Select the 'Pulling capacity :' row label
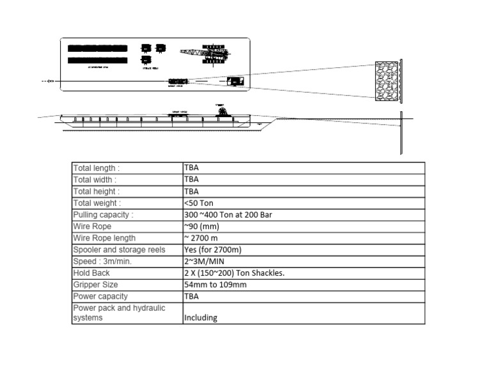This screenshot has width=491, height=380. [103, 214]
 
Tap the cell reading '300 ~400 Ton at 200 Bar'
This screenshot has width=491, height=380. [228, 214]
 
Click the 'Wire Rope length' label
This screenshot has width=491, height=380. [104, 238]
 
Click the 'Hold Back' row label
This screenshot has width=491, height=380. [91, 273]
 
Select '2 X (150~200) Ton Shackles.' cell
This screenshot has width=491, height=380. [234, 273]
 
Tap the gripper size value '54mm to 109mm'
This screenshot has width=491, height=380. [215, 284]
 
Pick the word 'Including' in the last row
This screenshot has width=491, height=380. [200, 317]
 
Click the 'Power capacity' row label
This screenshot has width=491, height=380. [100, 296]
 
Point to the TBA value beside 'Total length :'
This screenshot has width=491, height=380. [191, 168]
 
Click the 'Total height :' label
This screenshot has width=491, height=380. [96, 191]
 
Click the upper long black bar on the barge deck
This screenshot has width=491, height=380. [97, 48]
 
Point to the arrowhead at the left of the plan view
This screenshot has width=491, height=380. [51, 81]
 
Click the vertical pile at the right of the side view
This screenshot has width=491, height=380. [401, 133]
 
